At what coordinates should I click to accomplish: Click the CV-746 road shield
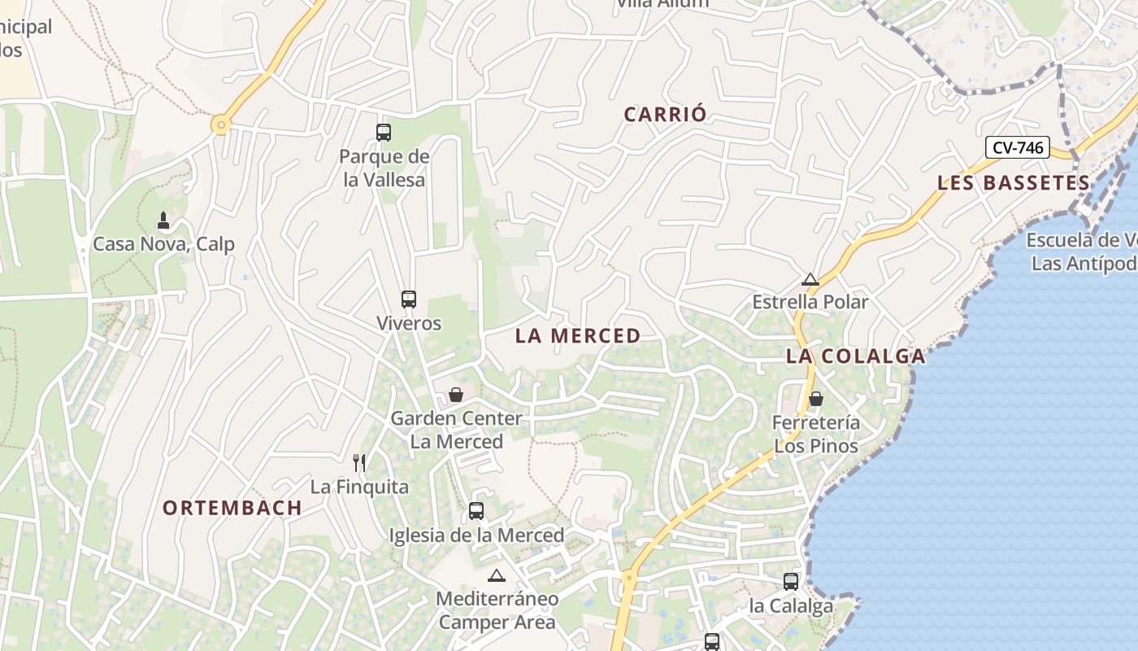[1018, 147]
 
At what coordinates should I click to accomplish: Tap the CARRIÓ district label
[665, 115]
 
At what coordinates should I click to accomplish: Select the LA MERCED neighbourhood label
[578, 335]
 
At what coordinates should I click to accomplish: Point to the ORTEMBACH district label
[232, 508]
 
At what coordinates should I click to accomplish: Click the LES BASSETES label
[1013, 182]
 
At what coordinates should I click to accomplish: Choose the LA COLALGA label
[855, 356]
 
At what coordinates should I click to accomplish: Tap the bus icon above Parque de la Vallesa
[383, 132]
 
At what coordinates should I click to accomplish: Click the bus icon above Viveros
[408, 299]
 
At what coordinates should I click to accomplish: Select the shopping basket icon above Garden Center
[456, 395]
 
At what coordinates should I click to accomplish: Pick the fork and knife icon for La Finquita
[359, 463]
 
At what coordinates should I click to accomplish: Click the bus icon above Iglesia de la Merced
[476, 511]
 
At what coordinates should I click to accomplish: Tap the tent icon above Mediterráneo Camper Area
[497, 575]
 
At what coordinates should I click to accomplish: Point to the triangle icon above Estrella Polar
[810, 279]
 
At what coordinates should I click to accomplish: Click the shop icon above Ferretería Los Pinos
[815, 399]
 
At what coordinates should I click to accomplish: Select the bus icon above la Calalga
[791, 582]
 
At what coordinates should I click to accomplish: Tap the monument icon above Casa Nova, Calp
[163, 220]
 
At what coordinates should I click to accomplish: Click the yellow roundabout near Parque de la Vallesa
[220, 125]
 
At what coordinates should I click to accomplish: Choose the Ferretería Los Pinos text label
[815, 435]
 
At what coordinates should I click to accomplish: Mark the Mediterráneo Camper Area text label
[497, 610]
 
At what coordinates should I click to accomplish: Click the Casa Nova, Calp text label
[163, 244]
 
